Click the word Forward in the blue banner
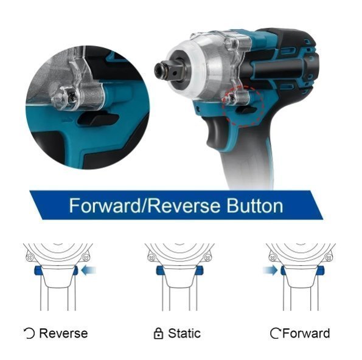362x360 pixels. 105,206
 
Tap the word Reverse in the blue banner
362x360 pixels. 184,206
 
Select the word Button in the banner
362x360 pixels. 255,206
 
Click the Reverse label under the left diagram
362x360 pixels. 63,333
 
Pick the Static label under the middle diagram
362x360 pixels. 184,333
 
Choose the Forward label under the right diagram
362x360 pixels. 307,333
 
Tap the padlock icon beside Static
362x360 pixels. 158,333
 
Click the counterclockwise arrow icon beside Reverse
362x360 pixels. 29,334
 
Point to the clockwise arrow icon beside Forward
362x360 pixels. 276,334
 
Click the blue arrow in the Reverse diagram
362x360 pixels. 89,270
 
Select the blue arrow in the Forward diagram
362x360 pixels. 270,270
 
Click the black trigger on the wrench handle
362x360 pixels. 215,132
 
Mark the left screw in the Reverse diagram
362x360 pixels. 29,257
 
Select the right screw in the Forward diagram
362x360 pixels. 329,257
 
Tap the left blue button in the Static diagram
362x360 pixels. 160,270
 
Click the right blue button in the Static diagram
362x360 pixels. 199,270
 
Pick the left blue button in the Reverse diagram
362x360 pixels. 38,271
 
